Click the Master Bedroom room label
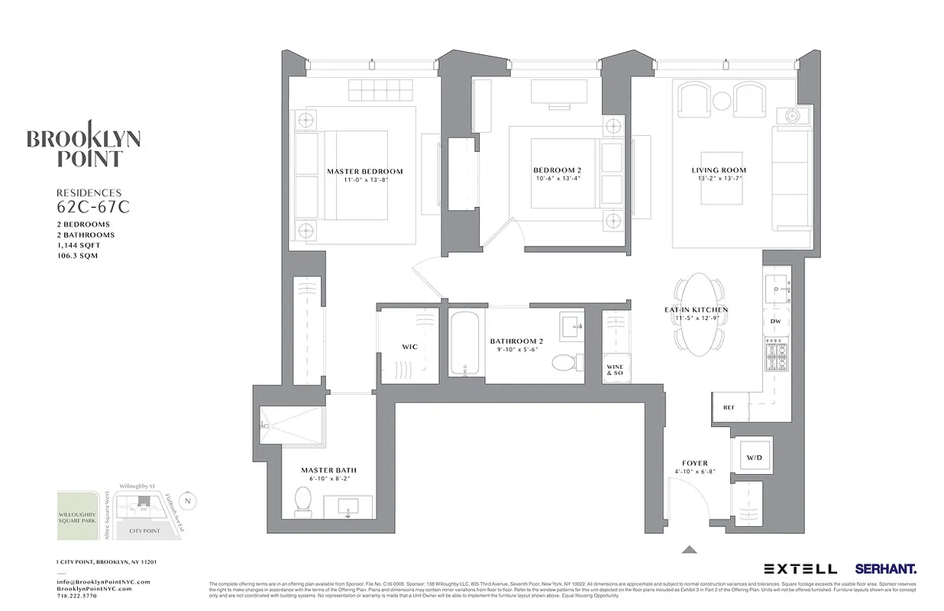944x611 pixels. (x=364, y=171)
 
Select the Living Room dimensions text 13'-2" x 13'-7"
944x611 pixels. (x=719, y=179)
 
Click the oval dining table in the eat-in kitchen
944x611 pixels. (x=700, y=314)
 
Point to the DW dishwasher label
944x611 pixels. (x=775, y=322)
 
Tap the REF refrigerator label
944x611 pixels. (x=728, y=408)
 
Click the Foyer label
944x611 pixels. (x=694, y=463)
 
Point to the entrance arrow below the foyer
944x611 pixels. (x=689, y=548)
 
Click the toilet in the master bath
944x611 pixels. (x=303, y=503)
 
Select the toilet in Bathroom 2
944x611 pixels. (x=564, y=362)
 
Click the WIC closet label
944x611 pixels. (x=409, y=347)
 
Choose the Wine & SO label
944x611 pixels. (x=615, y=370)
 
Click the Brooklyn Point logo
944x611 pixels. (x=84, y=144)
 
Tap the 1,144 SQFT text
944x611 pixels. (x=78, y=245)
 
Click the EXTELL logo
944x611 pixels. (x=800, y=569)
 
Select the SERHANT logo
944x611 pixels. (x=886, y=569)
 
